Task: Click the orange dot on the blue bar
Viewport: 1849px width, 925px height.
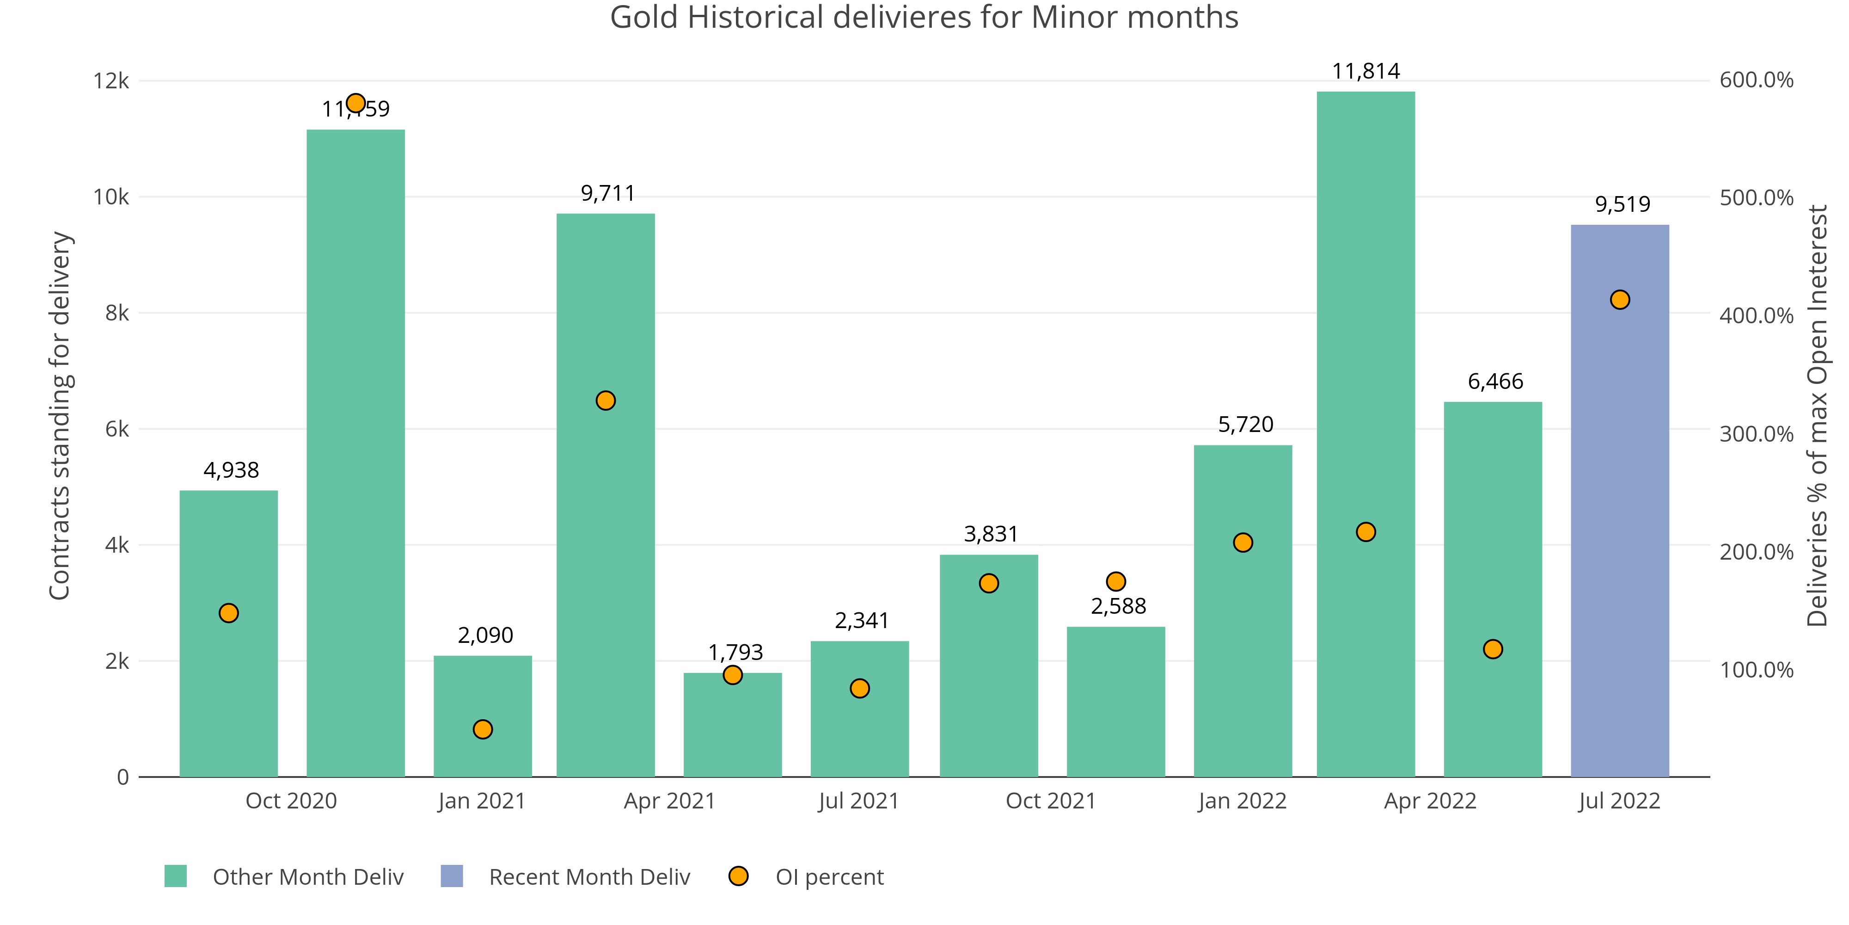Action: [1619, 300]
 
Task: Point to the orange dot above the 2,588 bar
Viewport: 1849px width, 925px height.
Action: [1115, 581]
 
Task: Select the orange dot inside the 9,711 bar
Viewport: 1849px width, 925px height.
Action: [605, 401]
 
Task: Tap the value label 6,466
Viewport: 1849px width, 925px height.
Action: [1495, 382]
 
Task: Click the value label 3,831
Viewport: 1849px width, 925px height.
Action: [991, 534]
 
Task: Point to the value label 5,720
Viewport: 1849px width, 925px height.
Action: [1245, 425]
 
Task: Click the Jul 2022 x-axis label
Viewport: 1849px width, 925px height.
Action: [1619, 801]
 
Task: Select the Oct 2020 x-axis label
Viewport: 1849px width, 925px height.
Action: [291, 801]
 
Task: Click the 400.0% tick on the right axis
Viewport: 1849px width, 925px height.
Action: [1756, 315]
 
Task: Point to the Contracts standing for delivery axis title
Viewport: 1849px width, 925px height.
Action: [60, 415]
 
